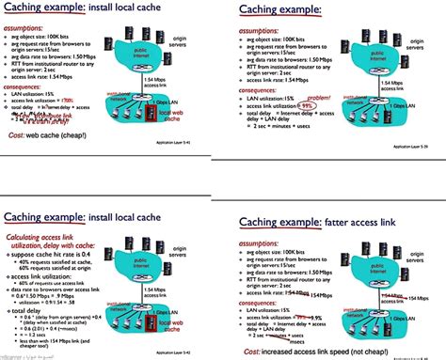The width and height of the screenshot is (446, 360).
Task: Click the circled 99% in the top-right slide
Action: tap(307, 107)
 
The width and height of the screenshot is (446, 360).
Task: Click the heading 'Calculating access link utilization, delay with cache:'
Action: tap(48, 219)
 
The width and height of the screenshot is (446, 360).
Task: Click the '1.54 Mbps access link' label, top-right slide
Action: tap(398, 85)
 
